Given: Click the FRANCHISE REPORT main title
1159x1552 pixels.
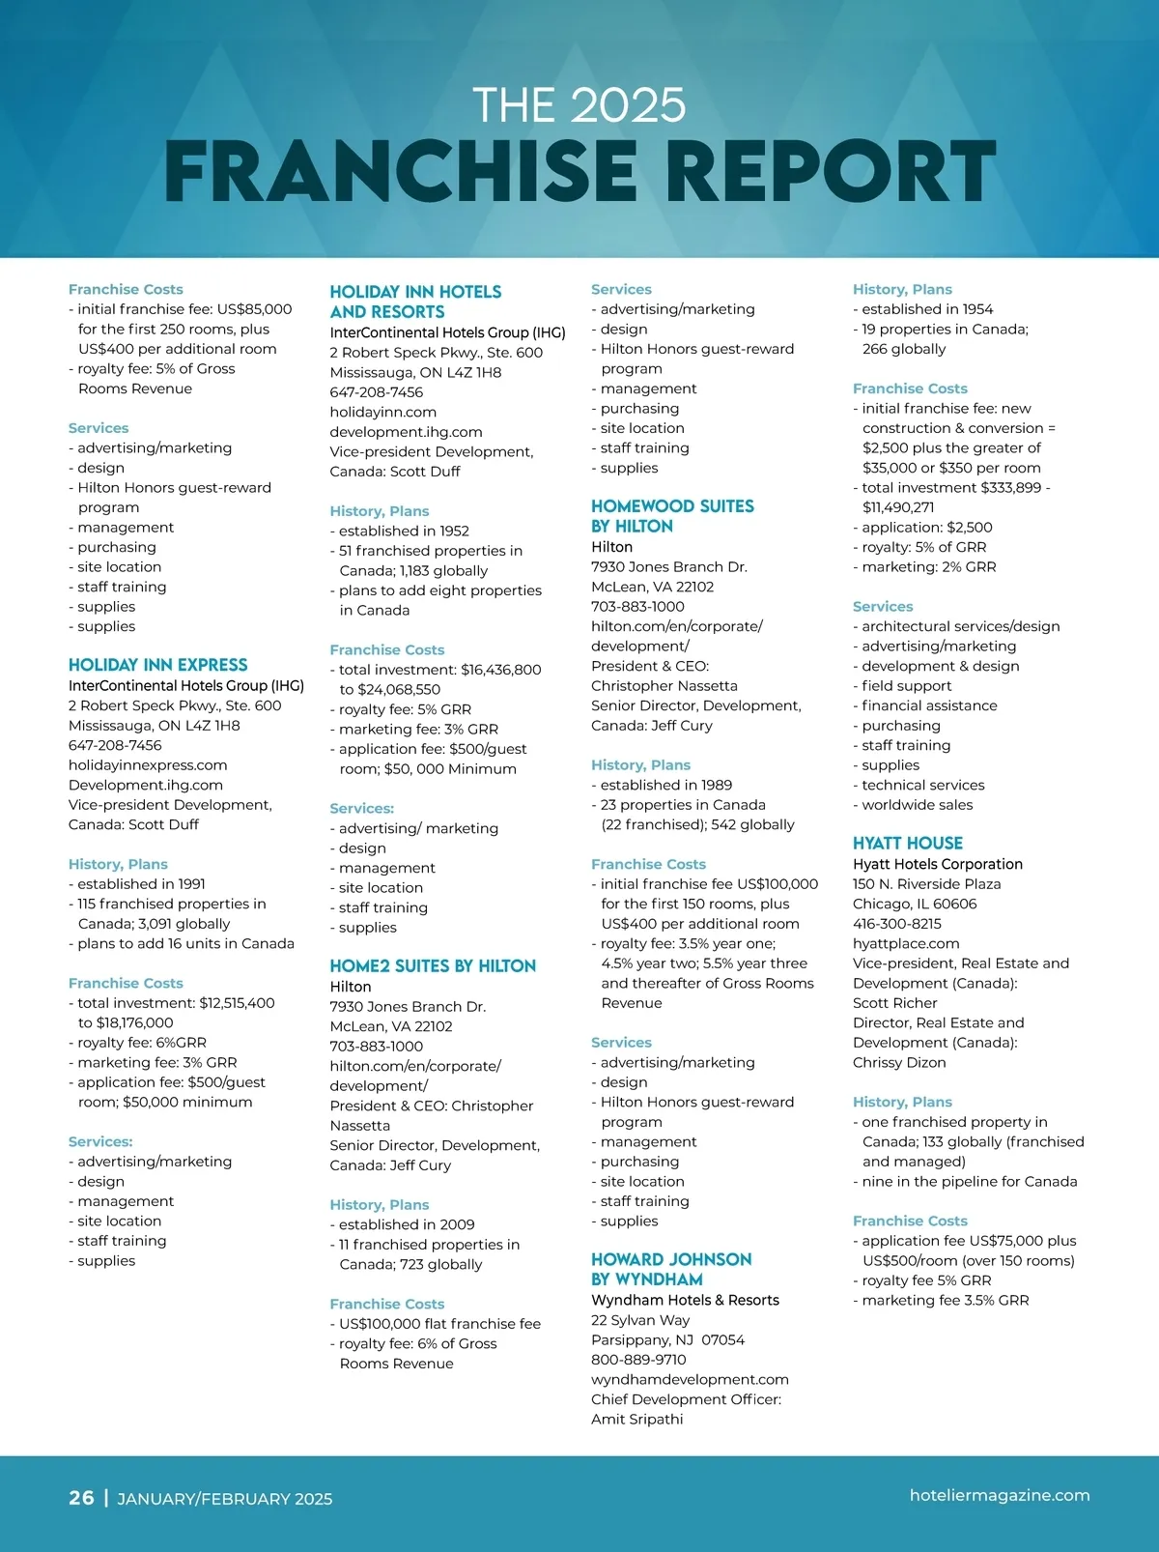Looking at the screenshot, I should [579, 171].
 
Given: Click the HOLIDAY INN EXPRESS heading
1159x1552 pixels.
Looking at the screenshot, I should [157, 665].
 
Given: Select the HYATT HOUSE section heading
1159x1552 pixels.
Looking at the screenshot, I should [907, 843].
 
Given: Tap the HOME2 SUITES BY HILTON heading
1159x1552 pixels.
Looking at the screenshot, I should [432, 965].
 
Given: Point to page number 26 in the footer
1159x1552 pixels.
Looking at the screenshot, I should [81, 1497].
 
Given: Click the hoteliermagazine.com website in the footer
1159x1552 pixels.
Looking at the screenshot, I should [999, 1495].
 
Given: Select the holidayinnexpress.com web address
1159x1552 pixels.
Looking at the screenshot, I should [148, 765].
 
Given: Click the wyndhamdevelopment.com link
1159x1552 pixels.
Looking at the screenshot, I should [690, 1379].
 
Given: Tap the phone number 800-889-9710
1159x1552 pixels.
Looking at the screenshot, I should [638, 1360].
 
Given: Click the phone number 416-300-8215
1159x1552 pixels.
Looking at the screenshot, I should [896, 924].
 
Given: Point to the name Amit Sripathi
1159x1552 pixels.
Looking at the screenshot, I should [636, 1419].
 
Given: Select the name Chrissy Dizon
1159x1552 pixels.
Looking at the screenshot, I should [898, 1062].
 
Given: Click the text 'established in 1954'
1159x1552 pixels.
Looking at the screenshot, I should [926, 309].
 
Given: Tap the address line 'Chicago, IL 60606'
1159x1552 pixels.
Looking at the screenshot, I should [914, 904].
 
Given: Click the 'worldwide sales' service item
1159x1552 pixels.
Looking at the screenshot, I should [917, 805].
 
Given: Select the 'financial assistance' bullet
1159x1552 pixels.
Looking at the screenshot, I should [928, 705].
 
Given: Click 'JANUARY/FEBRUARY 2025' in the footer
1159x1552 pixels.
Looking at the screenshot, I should [224, 1499].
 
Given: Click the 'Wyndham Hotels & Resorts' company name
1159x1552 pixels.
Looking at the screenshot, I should [685, 1300].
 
